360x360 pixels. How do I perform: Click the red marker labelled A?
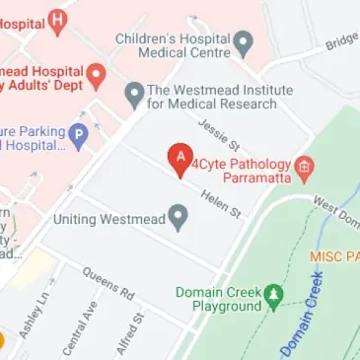click(x=180, y=158)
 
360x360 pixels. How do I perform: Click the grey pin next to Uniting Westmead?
click(x=179, y=217)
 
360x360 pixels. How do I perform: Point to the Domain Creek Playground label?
click(x=216, y=299)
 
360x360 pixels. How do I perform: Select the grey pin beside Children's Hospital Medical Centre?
click(x=244, y=43)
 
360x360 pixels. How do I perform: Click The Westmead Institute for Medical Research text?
click(x=219, y=96)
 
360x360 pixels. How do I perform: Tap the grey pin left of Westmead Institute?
click(x=134, y=95)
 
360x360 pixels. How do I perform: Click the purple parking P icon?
click(x=78, y=134)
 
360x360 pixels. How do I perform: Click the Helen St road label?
click(x=221, y=204)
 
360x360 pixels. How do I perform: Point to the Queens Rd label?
click(x=108, y=283)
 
